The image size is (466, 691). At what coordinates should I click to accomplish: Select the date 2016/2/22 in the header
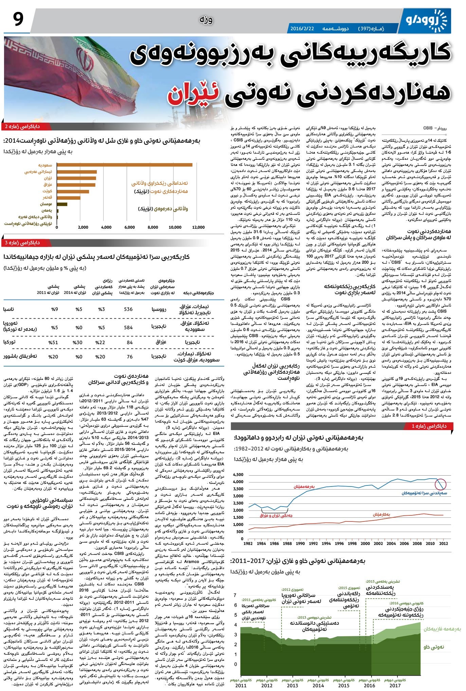click(302, 29)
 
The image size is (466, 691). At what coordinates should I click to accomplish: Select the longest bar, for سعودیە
click(124, 165)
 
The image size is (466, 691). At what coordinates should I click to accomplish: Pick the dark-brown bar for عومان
click(62, 204)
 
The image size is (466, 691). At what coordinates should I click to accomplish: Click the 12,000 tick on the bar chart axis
click(198, 227)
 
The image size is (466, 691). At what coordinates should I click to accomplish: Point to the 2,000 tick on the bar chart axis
click(83, 227)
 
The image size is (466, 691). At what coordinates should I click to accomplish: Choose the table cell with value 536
click(128, 309)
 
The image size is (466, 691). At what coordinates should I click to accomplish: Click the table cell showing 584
click(128, 327)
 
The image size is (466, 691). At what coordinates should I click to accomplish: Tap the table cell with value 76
click(129, 356)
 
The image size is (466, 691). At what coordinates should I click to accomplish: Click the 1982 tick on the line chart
click(248, 543)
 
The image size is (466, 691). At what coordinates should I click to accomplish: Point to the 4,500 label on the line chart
click(238, 475)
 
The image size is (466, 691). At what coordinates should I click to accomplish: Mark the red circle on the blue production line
click(442, 484)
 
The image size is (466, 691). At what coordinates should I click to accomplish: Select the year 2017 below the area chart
click(395, 685)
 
